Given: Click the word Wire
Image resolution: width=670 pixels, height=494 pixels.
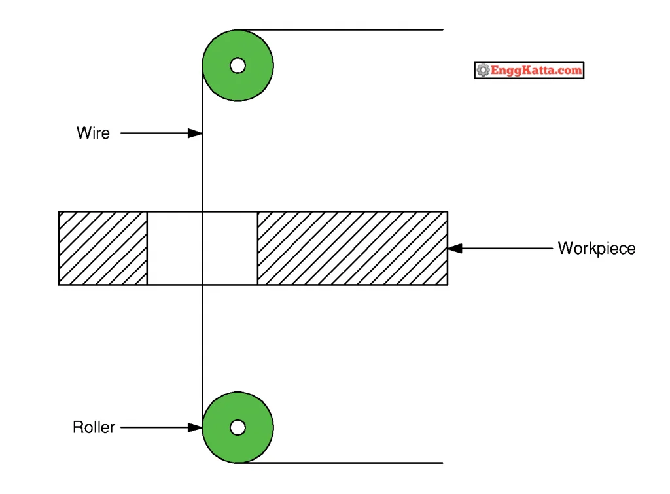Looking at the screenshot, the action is tap(93, 133).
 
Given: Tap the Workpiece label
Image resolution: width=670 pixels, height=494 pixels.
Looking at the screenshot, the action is tap(597, 248).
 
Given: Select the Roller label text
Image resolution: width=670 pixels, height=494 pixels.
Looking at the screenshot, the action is tap(94, 427).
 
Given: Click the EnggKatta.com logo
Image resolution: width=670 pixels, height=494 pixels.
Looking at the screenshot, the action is tap(529, 70).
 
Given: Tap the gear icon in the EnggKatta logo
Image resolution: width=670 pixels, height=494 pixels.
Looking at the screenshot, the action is tap(484, 70).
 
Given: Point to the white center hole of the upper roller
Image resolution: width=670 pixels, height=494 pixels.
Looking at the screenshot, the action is tap(238, 66).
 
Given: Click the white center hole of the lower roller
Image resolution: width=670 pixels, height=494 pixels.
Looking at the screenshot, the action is tap(238, 427).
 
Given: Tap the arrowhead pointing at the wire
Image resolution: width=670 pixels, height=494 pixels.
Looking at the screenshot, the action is tap(195, 133).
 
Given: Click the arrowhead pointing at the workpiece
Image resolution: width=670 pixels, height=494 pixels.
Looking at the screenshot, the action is tap(455, 248).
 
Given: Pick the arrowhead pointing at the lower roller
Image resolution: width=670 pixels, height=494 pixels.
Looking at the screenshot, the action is tap(195, 427).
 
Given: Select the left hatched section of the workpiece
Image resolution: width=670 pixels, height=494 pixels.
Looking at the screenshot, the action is tap(103, 248).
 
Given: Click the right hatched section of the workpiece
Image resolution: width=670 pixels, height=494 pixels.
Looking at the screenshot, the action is tap(353, 248).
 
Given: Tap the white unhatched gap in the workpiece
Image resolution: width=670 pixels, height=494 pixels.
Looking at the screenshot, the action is tap(175, 248).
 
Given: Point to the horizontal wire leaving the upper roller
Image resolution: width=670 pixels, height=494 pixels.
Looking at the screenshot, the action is tap(340, 30).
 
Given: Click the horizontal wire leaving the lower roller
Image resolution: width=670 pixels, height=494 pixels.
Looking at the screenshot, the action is tap(340, 463).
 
